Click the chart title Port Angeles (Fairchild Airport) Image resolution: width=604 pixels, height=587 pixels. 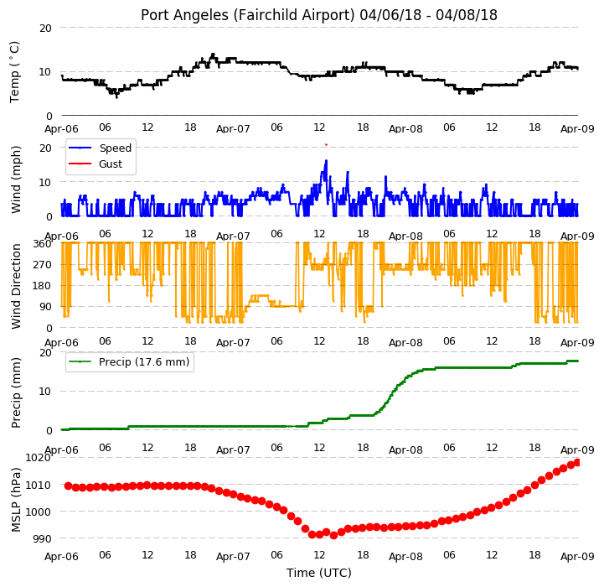point(247,15)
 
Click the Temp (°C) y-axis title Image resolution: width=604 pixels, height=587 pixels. point(14,72)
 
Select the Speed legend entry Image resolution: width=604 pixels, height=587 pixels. point(100,148)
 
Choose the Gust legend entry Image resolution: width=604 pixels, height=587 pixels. point(96,164)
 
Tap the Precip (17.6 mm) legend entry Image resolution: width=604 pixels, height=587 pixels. point(129,361)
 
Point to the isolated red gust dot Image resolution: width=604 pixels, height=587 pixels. point(326,144)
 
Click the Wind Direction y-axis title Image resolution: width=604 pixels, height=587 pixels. point(15,286)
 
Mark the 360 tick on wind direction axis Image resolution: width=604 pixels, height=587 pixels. point(43,244)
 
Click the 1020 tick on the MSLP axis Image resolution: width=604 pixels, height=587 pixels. point(39,457)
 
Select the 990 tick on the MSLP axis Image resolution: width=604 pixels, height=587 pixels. point(42,539)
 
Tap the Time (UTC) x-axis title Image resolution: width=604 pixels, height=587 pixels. point(319,573)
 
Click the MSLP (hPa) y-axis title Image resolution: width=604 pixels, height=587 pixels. point(15,500)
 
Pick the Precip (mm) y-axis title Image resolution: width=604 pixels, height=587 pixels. point(15,393)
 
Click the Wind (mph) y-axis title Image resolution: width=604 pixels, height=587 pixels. point(15,179)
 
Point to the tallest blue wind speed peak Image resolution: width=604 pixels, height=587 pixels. point(326,160)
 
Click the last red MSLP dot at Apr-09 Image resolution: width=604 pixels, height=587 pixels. point(576,462)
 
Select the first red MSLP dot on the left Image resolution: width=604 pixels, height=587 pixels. point(68,486)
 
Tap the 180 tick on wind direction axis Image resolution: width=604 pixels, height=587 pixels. point(43,286)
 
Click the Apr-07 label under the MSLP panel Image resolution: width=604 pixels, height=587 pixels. point(233,557)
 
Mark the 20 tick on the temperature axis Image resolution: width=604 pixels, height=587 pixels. point(45,29)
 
